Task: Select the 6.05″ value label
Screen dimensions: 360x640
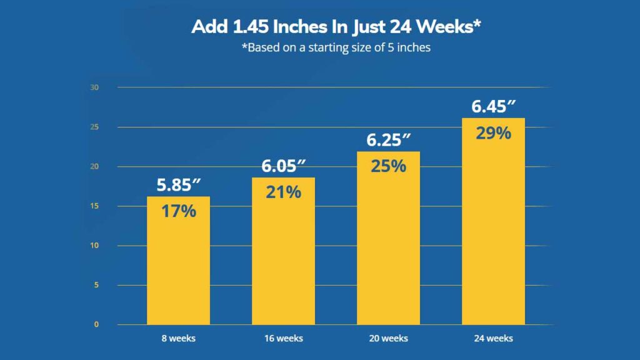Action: (283, 167)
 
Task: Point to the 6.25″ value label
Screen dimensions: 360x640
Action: (388, 141)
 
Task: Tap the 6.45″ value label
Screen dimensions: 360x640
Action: (493, 107)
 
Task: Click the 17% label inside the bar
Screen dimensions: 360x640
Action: (178, 211)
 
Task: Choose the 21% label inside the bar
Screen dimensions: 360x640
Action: (283, 192)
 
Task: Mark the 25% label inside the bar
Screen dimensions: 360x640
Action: (388, 166)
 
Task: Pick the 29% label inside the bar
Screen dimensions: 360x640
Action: (493, 133)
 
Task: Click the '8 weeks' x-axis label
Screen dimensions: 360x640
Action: (178, 339)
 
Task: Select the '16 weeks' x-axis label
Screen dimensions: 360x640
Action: (283, 339)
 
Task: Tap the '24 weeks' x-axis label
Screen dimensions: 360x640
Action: (493, 339)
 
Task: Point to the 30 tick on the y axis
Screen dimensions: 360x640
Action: (94, 87)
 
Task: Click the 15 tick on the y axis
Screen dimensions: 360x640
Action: (94, 206)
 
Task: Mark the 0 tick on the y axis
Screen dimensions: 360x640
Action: (96, 325)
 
